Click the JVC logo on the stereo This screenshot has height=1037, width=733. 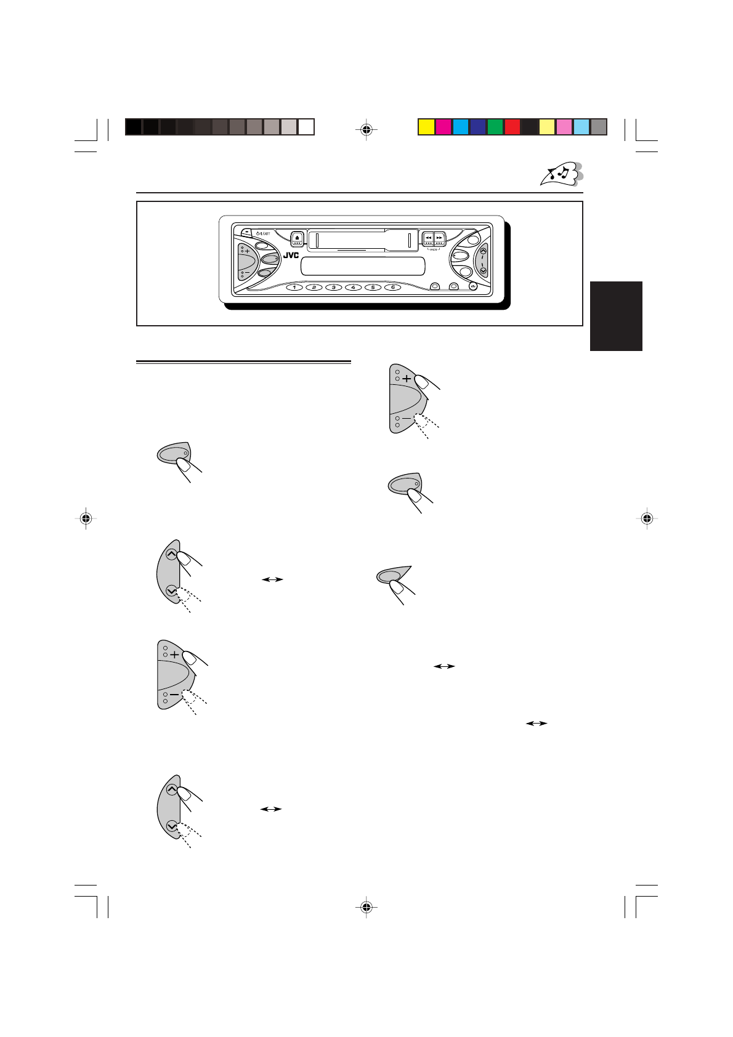(291, 255)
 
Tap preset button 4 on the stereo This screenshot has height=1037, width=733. (353, 287)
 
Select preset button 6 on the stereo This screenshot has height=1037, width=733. (392, 287)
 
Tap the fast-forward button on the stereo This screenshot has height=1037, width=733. (439, 238)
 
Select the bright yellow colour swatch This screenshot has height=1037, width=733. (426, 127)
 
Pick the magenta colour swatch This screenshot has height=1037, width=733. (443, 127)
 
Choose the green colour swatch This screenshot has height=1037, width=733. (495, 127)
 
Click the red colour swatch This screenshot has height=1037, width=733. (512, 127)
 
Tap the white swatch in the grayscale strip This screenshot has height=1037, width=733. (306, 127)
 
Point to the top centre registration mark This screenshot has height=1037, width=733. (366, 130)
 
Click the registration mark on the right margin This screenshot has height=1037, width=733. (646, 518)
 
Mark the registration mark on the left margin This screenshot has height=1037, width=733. (86, 518)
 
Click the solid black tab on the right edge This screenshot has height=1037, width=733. (616, 316)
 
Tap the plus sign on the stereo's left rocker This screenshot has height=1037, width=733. (247, 251)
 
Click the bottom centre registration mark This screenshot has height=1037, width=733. (366, 906)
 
